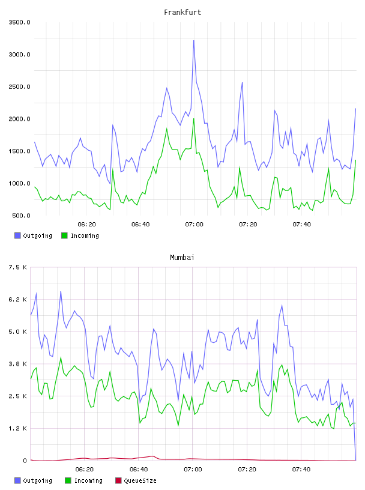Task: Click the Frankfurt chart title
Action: [x=182, y=13]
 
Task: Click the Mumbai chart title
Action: [x=182, y=258]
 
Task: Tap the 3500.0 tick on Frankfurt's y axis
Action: [x=20, y=22]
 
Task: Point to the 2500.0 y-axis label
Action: [x=20, y=86]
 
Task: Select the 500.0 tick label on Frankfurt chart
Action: [x=21, y=216]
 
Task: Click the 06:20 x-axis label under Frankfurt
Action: [x=86, y=225]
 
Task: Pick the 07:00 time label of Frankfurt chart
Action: [x=194, y=225]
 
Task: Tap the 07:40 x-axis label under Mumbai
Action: [x=301, y=470]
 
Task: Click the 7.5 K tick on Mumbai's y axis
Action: [x=17, y=267]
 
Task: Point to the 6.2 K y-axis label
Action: [x=17, y=300]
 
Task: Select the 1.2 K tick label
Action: [x=17, y=428]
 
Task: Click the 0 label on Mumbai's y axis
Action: [x=25, y=461]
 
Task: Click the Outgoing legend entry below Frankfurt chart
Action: [x=33, y=235]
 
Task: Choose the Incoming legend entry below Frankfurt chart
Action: [x=80, y=235]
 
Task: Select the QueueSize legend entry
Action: [x=136, y=480]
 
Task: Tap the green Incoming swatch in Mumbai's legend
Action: [x=68, y=480]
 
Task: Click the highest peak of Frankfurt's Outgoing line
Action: [x=194, y=40]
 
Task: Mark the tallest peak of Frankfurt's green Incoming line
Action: [x=194, y=118]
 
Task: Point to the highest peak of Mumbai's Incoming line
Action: [x=61, y=357]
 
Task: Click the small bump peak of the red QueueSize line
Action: [x=152, y=456]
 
